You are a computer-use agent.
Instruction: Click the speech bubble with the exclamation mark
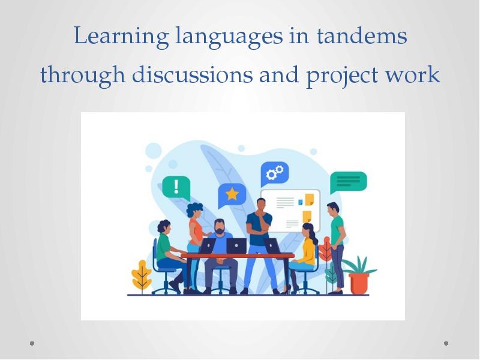[x=176, y=187]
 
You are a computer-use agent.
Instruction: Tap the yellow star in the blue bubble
[x=232, y=194]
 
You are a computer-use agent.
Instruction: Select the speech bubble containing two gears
[x=274, y=174]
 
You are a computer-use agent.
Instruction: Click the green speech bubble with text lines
[x=348, y=182]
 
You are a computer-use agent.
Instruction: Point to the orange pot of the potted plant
[x=360, y=281]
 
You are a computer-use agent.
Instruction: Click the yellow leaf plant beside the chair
[x=142, y=275]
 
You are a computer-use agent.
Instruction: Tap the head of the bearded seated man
[x=220, y=227]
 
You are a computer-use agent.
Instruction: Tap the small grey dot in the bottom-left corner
[x=32, y=344]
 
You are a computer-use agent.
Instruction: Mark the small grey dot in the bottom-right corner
[x=446, y=344]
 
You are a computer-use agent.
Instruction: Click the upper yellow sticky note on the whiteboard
[x=309, y=199]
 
